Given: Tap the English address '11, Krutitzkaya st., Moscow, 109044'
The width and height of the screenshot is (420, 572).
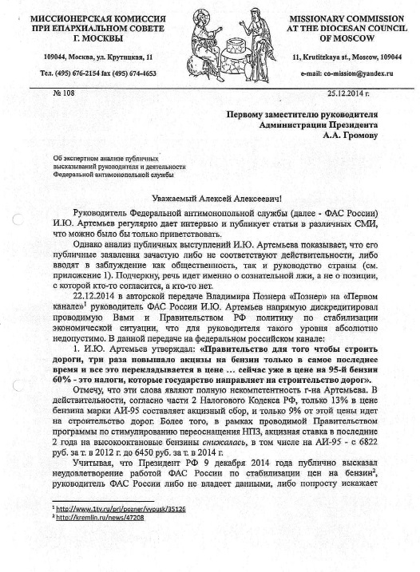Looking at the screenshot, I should point(347,56).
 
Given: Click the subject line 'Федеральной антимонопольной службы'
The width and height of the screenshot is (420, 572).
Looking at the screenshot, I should point(107,173).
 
